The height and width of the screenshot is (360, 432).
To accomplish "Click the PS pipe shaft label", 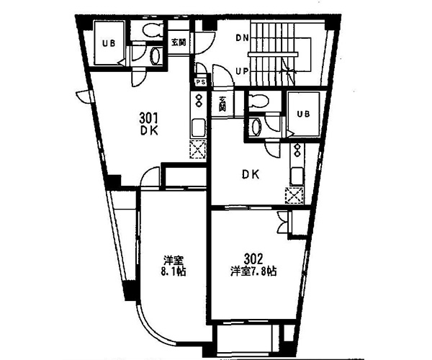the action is [x=201, y=82].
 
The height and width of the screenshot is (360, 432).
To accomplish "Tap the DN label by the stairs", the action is [x=242, y=37].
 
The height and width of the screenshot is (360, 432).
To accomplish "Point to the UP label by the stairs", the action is [x=242, y=71].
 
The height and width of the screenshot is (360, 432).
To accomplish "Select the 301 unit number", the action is [x=148, y=118].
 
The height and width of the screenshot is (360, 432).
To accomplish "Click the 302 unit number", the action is [x=253, y=258].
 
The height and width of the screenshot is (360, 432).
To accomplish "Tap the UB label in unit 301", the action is [x=109, y=43].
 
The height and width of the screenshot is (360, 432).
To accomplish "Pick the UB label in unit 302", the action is [x=303, y=114].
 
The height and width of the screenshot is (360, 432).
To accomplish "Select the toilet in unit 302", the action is [x=258, y=101].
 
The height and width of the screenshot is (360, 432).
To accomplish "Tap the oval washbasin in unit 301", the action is [x=155, y=56].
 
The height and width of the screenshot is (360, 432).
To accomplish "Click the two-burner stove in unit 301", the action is [x=198, y=101].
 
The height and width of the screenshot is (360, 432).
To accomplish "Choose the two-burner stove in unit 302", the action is [x=297, y=150].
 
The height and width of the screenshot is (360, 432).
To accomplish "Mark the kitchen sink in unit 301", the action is [x=198, y=128].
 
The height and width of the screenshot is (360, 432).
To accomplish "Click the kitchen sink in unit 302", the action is [x=297, y=176].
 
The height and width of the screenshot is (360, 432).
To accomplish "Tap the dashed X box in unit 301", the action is [x=198, y=149].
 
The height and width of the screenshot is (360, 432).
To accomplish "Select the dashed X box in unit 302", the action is [x=294, y=195].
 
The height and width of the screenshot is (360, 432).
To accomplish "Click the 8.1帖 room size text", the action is [x=174, y=271].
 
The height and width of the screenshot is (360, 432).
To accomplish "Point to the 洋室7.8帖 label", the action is [x=253, y=271].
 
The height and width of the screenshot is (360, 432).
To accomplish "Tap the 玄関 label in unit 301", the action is [x=179, y=42].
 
